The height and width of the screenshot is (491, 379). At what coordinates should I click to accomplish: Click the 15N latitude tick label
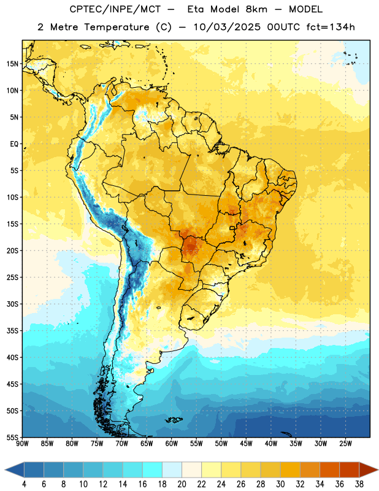pyautogui.click(x=12, y=64)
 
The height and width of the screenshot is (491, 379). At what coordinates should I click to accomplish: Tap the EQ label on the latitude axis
pyautogui.click(x=14, y=144)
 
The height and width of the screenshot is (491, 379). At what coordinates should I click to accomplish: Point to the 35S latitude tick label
pyautogui.click(x=12, y=331)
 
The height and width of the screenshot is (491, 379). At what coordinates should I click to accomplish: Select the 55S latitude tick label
pyautogui.click(x=12, y=437)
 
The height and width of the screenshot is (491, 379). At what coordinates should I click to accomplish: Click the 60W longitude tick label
pyautogui.click(x=172, y=444)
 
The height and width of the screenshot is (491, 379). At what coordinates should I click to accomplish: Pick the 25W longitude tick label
pyautogui.click(x=345, y=444)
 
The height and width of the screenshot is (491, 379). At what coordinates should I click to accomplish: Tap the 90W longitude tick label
pyautogui.click(x=23, y=444)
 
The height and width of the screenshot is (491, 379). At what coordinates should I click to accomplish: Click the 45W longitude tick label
pyautogui.click(x=247, y=444)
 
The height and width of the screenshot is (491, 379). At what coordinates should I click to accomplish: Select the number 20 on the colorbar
pyautogui.click(x=182, y=484)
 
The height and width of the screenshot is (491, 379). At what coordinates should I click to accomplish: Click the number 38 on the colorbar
pyautogui.click(x=359, y=484)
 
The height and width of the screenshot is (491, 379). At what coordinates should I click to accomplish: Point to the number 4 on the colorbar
pyautogui.click(x=24, y=484)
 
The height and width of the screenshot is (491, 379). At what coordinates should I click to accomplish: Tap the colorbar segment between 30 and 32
pyautogui.click(x=290, y=470)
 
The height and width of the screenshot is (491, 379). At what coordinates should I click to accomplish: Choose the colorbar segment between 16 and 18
pyautogui.click(x=153, y=470)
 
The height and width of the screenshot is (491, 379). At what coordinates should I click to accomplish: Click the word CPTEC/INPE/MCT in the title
pyautogui.click(x=115, y=9)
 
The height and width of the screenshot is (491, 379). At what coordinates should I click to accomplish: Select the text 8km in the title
pyautogui.click(x=256, y=9)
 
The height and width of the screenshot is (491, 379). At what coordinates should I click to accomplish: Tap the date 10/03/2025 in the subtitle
pyautogui.click(x=227, y=27)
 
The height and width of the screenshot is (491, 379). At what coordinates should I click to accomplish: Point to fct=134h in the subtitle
pyautogui.click(x=331, y=27)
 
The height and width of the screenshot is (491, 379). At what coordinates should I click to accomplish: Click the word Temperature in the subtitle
pyautogui.click(x=117, y=28)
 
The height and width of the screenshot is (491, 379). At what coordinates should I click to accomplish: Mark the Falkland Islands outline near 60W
pyautogui.click(x=174, y=420)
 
